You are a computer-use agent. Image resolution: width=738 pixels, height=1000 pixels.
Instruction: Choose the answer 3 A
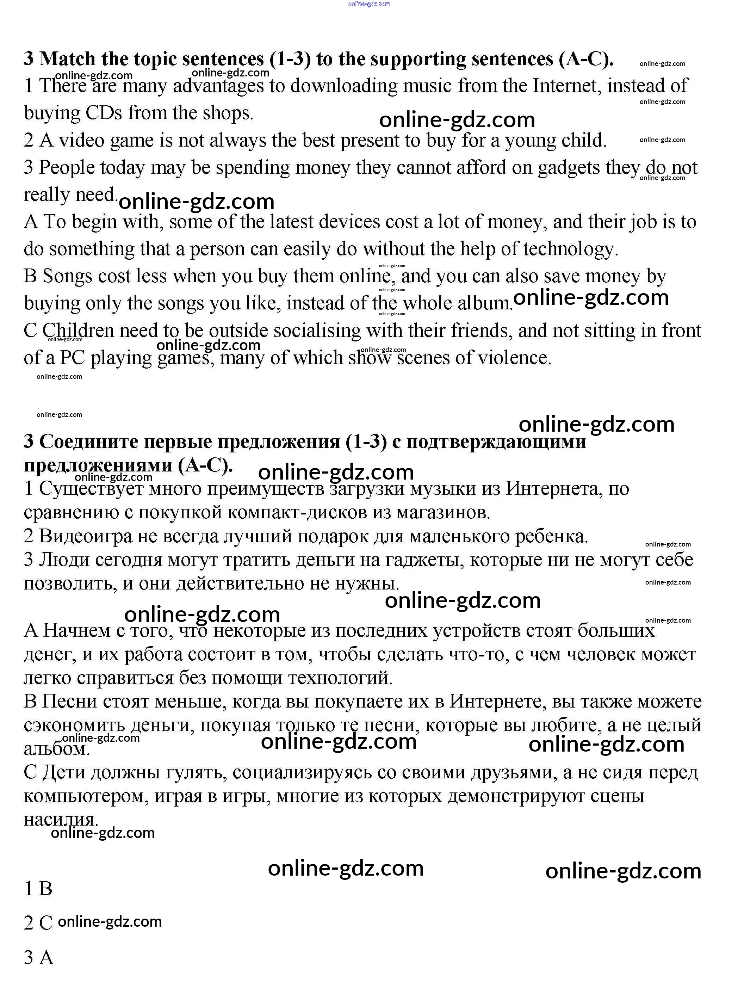(x=38, y=958)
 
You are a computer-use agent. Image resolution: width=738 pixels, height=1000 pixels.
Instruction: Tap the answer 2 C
(x=38, y=923)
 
